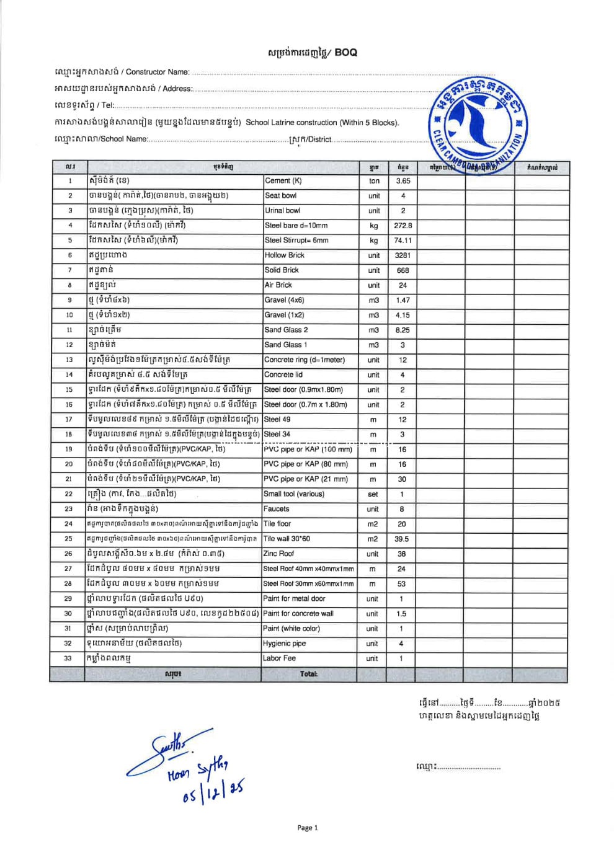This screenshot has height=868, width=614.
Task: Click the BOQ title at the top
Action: [313, 53]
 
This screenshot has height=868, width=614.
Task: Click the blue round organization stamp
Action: [478, 121]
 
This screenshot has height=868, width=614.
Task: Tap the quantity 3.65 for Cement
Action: [403, 181]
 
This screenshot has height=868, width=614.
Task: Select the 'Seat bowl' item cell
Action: [281, 195]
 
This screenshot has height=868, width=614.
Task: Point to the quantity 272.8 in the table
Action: [403, 226]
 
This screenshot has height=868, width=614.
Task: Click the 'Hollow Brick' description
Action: [285, 255]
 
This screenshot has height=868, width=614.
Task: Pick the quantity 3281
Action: [403, 255]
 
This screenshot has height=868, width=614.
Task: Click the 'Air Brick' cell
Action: [278, 285]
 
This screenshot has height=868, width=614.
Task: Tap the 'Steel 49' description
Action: [277, 419]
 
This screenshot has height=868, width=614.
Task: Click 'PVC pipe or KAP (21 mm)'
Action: [306, 479]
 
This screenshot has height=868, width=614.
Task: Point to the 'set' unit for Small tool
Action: [373, 494]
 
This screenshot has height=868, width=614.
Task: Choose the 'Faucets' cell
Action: [277, 508]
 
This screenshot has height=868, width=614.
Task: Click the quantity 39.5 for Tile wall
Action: [402, 539]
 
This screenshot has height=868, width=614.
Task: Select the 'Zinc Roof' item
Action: [279, 554]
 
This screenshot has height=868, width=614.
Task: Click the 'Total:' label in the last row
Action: [308, 674]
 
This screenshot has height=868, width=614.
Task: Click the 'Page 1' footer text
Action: [308, 828]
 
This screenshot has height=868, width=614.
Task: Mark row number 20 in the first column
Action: [69, 464]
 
